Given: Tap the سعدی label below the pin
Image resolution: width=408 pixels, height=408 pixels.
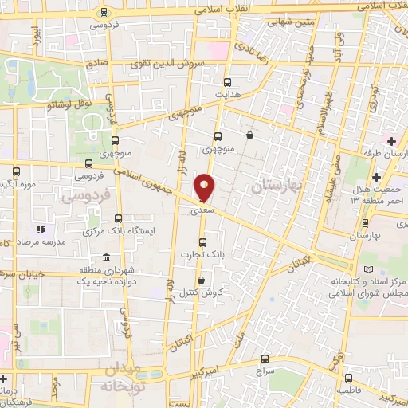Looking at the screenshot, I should pyautogui.click(x=201, y=213).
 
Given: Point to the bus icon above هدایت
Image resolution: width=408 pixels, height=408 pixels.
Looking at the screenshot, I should pyautogui.click(x=227, y=82).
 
